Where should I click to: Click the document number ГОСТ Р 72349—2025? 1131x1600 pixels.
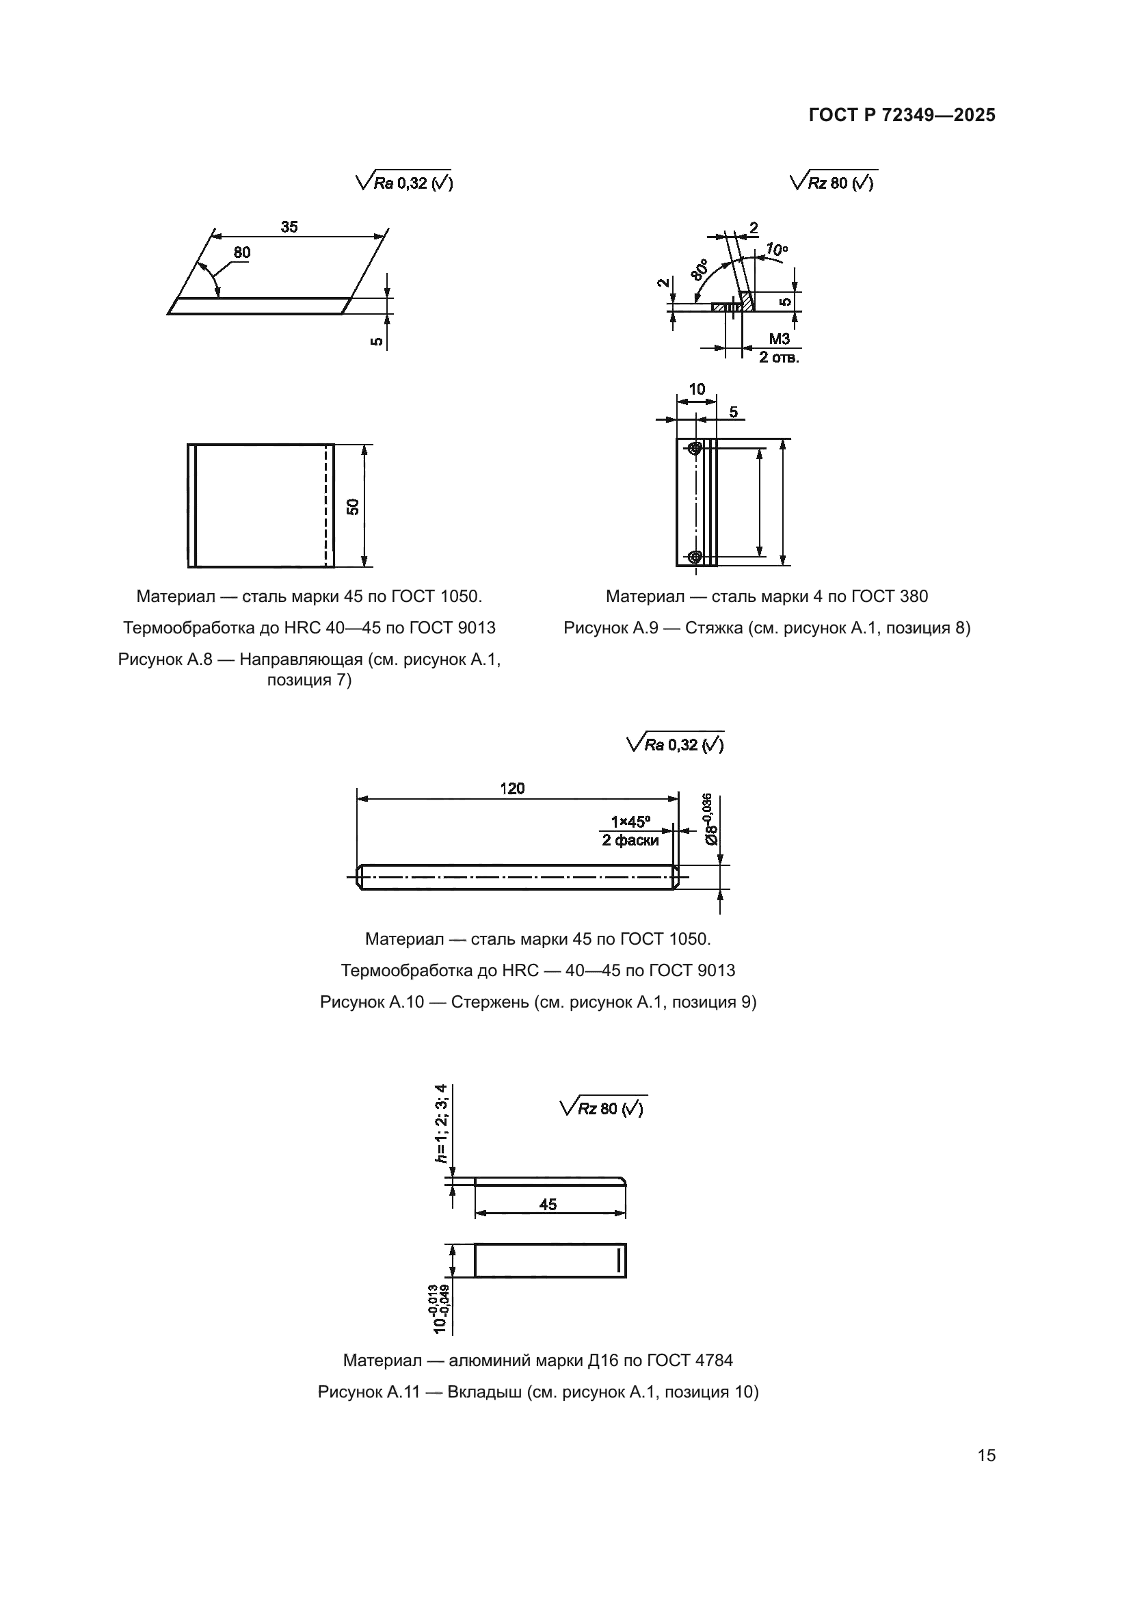point(902,115)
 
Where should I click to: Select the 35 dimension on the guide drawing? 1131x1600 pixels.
point(289,227)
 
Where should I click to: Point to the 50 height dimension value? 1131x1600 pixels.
point(353,507)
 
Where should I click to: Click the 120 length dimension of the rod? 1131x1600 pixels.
point(512,788)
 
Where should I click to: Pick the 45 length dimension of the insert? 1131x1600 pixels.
point(548,1204)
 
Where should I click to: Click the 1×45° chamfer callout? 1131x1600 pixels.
point(630,822)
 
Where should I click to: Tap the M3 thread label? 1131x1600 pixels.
point(780,339)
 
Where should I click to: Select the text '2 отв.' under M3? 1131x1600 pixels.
point(779,358)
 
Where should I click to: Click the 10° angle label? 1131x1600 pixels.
point(777,250)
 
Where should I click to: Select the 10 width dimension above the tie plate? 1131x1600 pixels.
point(696,389)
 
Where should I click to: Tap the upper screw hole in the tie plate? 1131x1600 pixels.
point(694,449)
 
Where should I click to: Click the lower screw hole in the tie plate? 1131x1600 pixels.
point(694,556)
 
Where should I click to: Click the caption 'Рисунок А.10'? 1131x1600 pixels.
point(372,1002)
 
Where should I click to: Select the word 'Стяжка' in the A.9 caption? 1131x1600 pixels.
point(712,628)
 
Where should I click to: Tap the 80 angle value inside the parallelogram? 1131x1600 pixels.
point(241,252)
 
